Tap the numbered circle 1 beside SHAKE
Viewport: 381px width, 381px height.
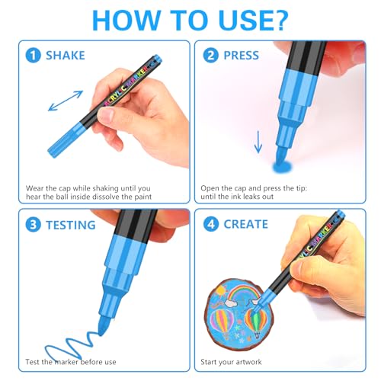pos(33,56)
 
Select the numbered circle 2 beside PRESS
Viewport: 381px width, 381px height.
pos(210,56)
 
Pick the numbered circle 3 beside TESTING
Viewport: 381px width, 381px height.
pos(33,225)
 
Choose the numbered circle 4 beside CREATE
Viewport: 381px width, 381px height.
pos(211,224)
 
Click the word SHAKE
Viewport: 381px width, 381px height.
pos(66,56)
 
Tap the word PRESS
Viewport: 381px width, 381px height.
pos(241,56)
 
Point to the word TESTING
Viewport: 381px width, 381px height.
pos(71,225)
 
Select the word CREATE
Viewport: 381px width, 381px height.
pos(245,224)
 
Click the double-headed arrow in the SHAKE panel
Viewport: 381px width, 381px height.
pos(66,101)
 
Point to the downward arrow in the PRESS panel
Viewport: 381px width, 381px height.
pos(258,142)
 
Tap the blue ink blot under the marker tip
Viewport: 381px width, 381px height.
pos(282,167)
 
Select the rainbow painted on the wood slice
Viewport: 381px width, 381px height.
pos(243,293)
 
